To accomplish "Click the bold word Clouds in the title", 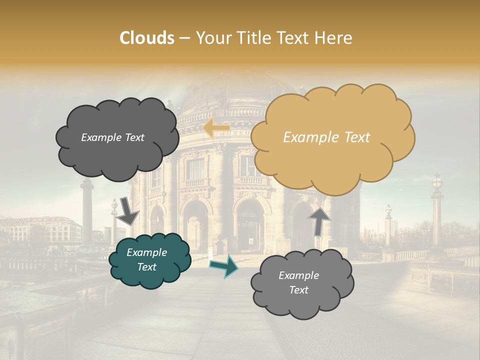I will tap(147, 38).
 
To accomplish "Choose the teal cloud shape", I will tap(150, 260).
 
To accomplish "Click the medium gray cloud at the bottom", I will tap(302, 283).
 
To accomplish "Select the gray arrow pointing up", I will tap(319, 220).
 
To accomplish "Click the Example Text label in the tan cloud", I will tap(326, 137).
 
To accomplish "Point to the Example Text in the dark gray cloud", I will tap(112, 137).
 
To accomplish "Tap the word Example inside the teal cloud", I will tap(146, 252).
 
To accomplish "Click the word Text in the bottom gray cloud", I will tap(298, 290).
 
